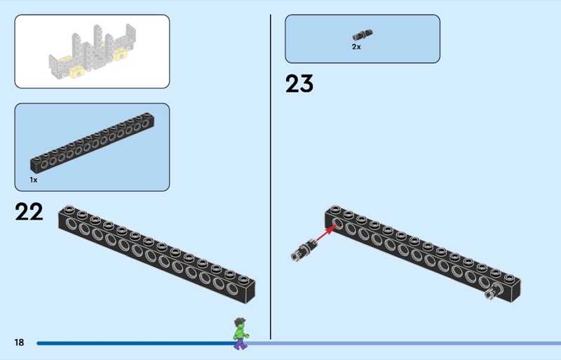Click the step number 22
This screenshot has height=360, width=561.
(x=29, y=212)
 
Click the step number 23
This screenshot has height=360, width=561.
(x=299, y=84)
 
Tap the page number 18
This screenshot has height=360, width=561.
(x=20, y=342)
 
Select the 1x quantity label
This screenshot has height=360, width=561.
(x=34, y=180)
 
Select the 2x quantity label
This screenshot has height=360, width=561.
(x=356, y=47)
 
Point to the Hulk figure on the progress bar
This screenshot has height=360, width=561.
(x=241, y=333)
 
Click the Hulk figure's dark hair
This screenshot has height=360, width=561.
(x=240, y=321)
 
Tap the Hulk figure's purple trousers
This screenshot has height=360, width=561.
(x=240, y=343)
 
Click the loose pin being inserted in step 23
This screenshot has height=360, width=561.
(x=304, y=249)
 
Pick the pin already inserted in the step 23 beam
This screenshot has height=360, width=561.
(x=494, y=291)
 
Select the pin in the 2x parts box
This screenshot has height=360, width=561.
(x=363, y=35)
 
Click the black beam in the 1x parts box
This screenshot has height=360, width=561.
(x=93, y=142)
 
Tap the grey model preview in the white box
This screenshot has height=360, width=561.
(x=93, y=52)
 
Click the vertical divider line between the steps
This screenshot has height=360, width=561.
(x=271, y=177)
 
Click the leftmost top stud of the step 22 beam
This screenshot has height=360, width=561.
(x=69, y=209)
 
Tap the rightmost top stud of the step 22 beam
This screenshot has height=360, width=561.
(x=243, y=279)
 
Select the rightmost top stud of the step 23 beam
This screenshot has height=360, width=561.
(x=509, y=278)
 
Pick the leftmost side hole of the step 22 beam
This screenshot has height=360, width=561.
(x=71, y=224)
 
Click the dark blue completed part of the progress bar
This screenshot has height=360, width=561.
(x=135, y=343)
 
